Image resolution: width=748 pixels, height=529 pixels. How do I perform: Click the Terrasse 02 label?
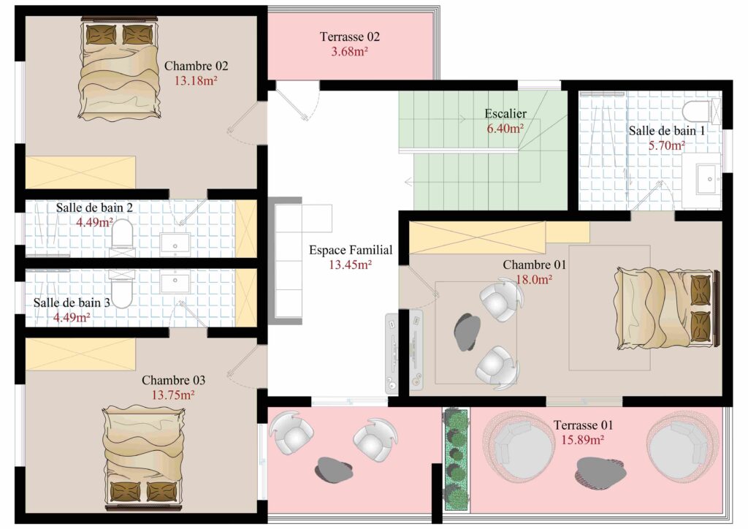pyautogui.click(x=350, y=37)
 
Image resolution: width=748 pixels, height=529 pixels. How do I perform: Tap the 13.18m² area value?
pyautogui.click(x=196, y=80)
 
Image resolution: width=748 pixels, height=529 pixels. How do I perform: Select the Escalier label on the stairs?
pyautogui.click(x=505, y=113)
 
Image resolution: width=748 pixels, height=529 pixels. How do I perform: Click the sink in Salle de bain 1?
pyautogui.click(x=709, y=179)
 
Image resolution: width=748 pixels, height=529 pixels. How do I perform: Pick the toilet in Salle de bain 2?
pyautogui.click(x=122, y=234)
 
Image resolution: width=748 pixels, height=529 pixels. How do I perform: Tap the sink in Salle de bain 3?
pyautogui.click(x=175, y=281)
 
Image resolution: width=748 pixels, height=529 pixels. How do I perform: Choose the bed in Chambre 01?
pyautogui.click(x=666, y=308)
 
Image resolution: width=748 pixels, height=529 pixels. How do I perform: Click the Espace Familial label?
pyautogui.click(x=351, y=250)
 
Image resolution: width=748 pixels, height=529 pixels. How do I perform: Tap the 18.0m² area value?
pyautogui.click(x=534, y=280)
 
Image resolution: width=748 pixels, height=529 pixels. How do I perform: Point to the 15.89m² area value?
pyautogui.click(x=582, y=440)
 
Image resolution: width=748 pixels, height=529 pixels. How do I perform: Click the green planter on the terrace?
pyautogui.click(x=457, y=460)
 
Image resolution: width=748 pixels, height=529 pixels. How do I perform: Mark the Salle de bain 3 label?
pyautogui.click(x=72, y=302)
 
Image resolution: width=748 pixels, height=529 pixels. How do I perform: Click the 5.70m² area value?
pyautogui.click(x=666, y=145)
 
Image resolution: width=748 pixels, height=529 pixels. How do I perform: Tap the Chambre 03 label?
pyautogui.click(x=173, y=380)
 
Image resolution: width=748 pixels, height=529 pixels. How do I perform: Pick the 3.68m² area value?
pyautogui.click(x=350, y=52)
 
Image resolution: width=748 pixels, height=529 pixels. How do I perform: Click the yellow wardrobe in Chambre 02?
pyautogui.click(x=80, y=172)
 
